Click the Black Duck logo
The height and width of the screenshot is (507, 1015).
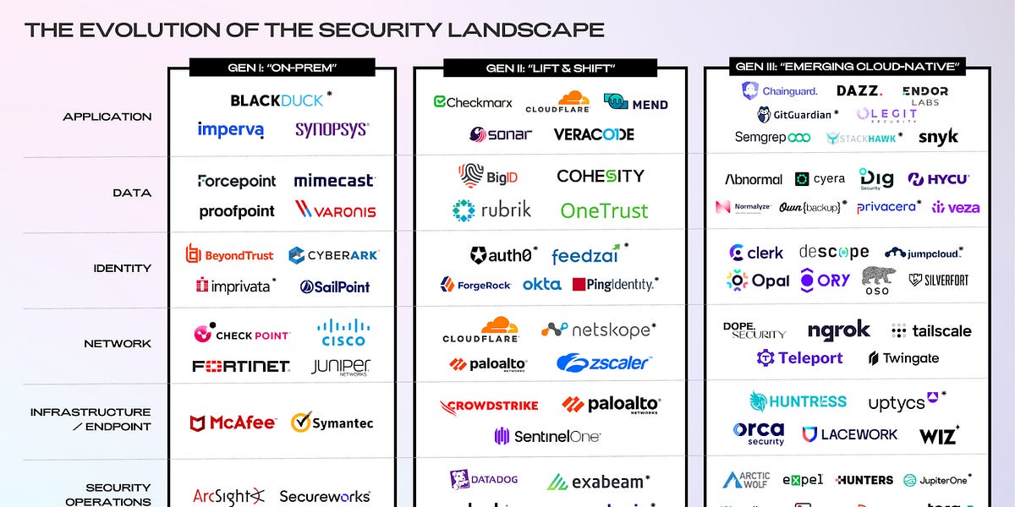[277, 101]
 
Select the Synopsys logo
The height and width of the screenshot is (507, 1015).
[332, 130]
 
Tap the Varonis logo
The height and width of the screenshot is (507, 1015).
[335, 210]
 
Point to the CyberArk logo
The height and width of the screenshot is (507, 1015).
[333, 255]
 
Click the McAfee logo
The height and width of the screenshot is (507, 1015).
[233, 423]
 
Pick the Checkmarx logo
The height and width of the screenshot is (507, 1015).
[473, 102]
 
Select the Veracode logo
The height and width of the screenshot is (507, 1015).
[594, 134]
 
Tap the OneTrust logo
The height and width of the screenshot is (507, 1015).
[604, 210]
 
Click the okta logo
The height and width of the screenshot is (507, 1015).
[541, 285]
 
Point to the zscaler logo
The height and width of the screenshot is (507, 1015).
[603, 363]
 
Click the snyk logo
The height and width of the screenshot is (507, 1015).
[938, 137]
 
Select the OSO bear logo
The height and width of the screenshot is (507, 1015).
[878, 280]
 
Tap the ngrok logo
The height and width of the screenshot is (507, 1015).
[838, 330]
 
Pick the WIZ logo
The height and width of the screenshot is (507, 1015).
[939, 436]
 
